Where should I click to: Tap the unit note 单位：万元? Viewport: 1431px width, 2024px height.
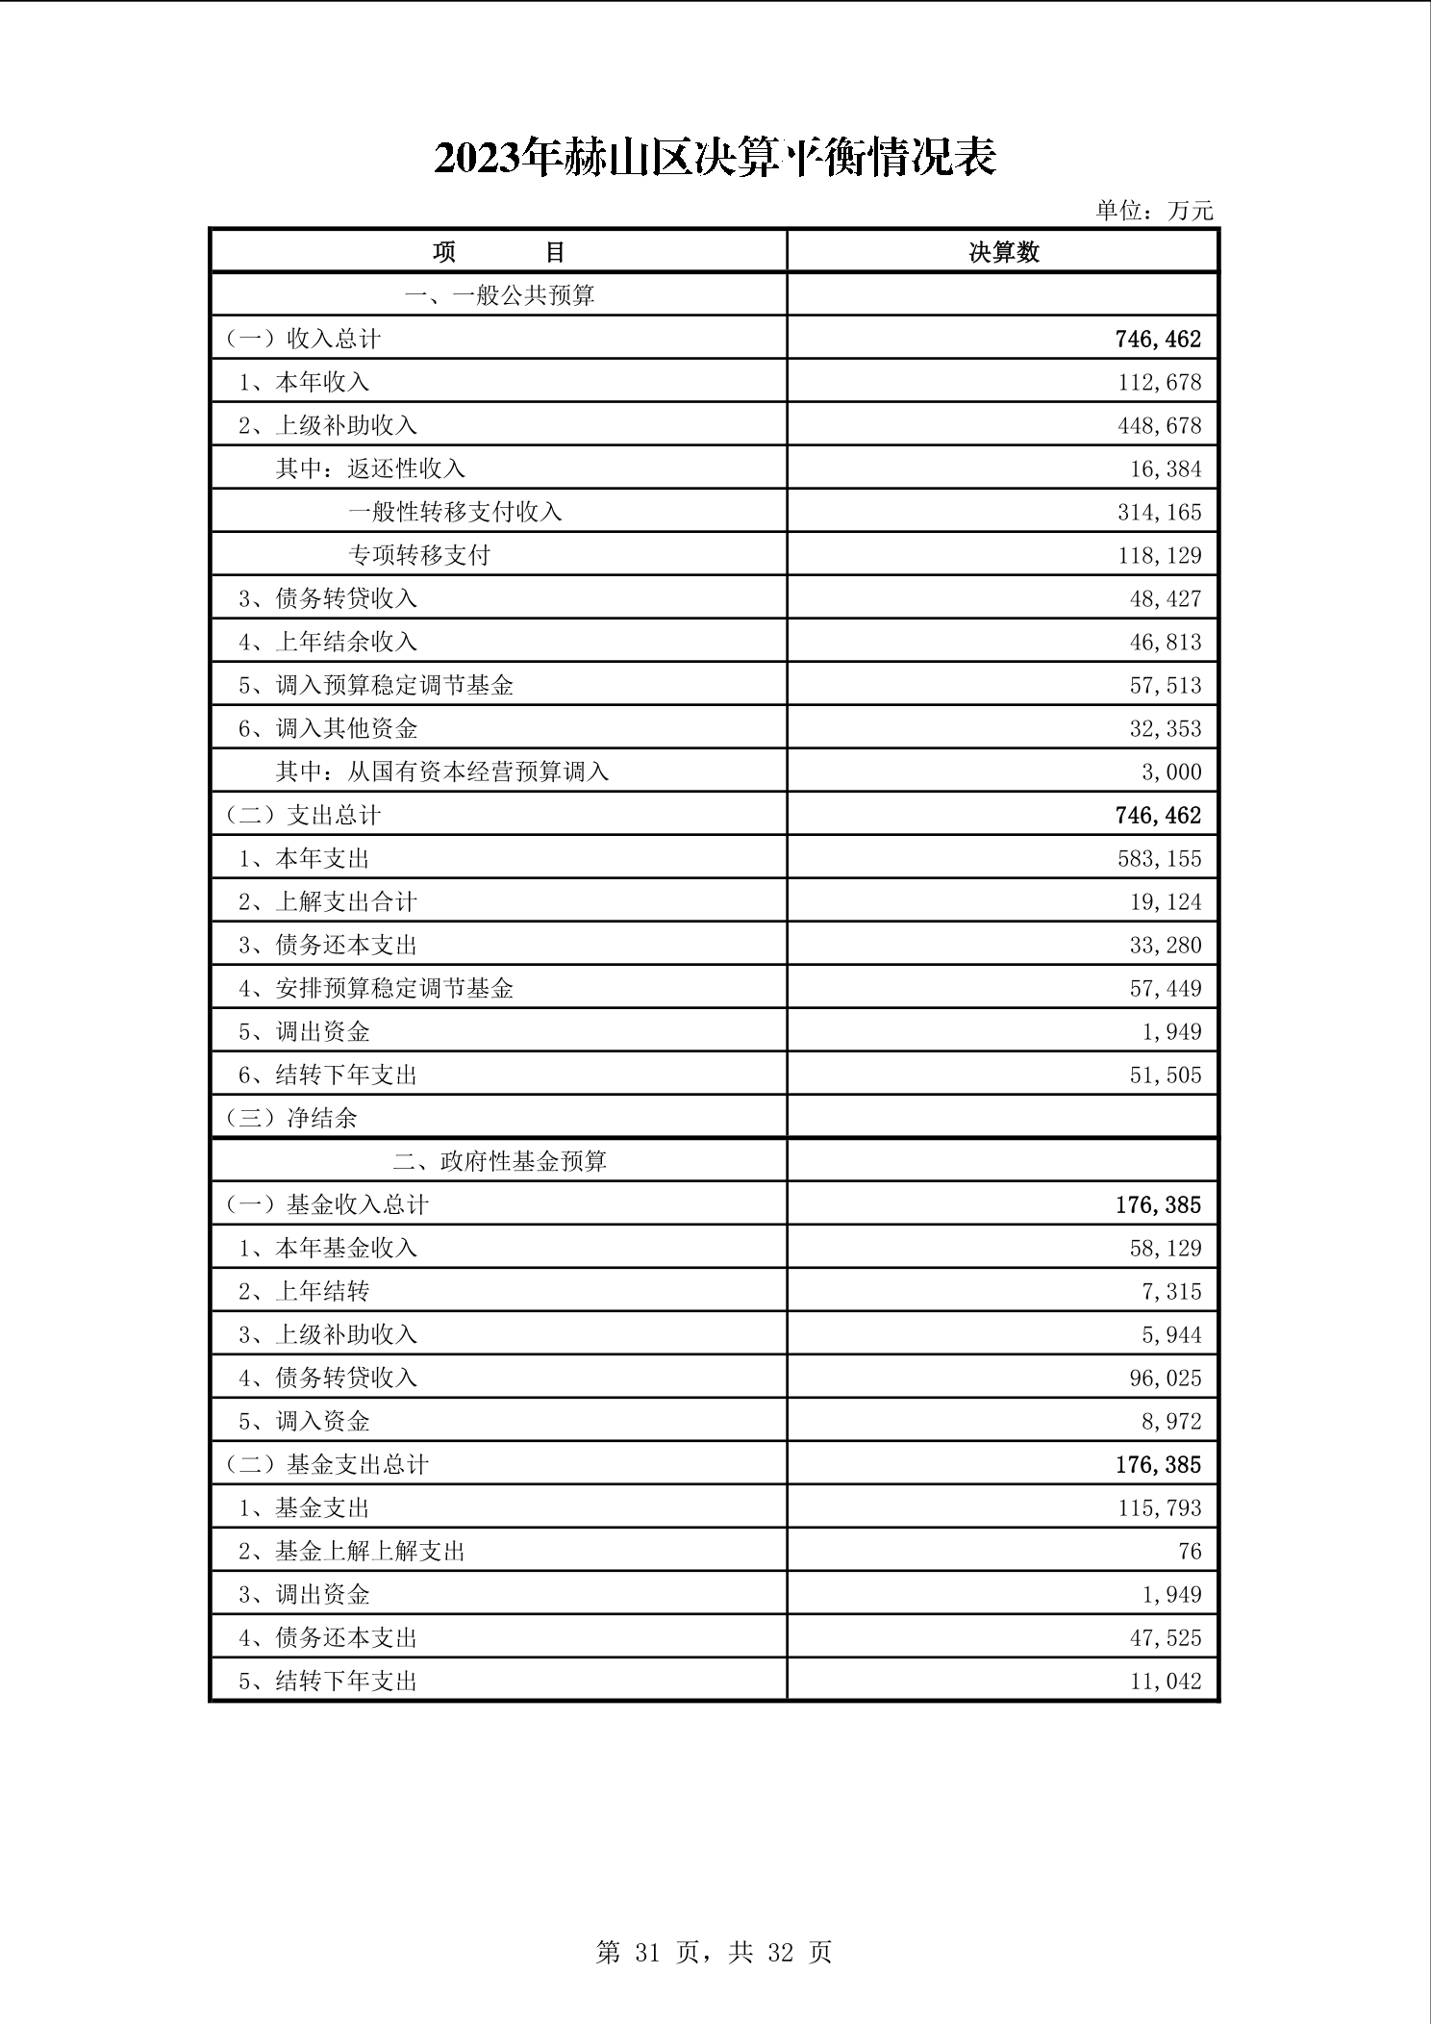click(1154, 211)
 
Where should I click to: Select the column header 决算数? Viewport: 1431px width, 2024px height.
click(1003, 252)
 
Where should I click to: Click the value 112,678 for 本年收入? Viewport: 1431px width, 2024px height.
click(1159, 383)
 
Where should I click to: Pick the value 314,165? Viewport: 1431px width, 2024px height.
click(1159, 513)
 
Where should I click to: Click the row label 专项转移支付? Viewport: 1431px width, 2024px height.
click(419, 556)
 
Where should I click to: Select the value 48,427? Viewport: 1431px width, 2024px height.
click(1165, 599)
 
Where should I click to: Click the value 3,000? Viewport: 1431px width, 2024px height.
click(1171, 772)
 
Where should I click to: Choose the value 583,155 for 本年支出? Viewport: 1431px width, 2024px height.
click(1159, 859)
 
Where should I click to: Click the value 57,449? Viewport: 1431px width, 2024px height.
click(1165, 989)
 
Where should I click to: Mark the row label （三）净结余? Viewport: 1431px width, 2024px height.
click(291, 1118)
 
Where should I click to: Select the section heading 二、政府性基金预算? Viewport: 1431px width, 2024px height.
click(499, 1162)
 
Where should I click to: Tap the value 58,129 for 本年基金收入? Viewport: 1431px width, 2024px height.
click(1165, 1249)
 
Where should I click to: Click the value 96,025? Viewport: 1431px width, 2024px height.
click(1165, 1379)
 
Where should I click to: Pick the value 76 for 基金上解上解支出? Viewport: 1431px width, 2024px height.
click(1190, 1552)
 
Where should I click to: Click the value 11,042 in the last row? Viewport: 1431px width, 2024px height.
click(1165, 1682)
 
